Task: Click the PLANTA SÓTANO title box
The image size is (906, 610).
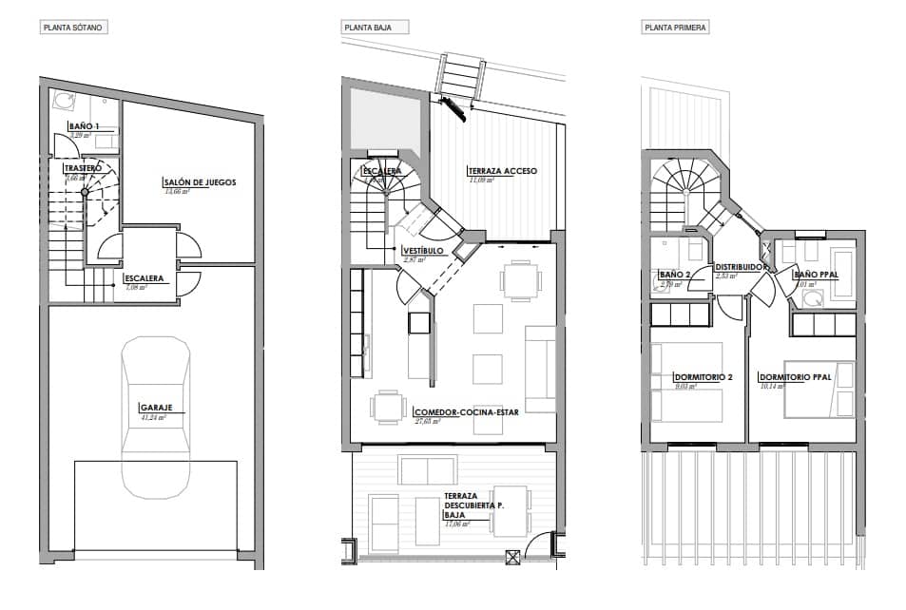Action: [x=72, y=28]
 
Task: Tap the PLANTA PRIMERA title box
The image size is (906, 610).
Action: [x=675, y=28]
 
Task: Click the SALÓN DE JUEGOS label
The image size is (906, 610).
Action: [x=199, y=181]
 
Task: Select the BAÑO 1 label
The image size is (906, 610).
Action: [x=84, y=126]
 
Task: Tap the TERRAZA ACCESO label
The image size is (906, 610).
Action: [x=501, y=171]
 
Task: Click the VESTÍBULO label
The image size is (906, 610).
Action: [x=422, y=250]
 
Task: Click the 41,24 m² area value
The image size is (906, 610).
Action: [x=152, y=417]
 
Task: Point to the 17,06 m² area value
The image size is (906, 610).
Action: [x=456, y=524]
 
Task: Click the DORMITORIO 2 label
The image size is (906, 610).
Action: [x=703, y=376]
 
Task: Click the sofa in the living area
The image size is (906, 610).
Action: [x=540, y=369]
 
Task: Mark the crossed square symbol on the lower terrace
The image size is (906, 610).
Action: [x=514, y=559]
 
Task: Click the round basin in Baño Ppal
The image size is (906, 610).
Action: [x=814, y=298]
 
